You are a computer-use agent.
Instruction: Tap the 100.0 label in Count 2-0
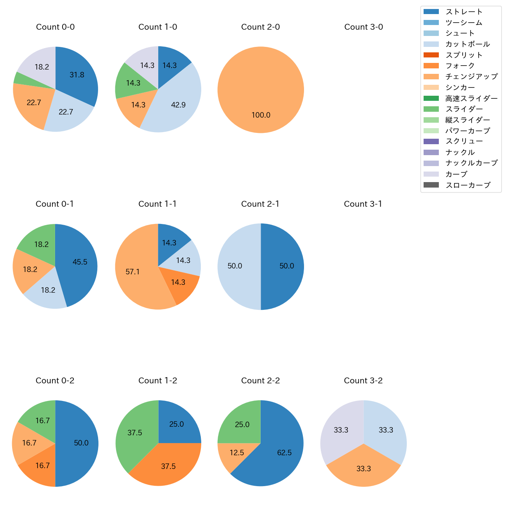coord(261,115)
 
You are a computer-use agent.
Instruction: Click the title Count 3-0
coord(363,27)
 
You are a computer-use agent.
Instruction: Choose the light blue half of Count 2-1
coord(236,266)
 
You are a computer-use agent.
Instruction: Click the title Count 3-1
coord(363,204)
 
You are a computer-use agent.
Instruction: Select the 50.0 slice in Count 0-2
coord(80,443)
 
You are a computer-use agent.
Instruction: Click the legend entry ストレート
coord(464,12)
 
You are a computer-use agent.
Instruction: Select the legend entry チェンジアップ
coord(471,77)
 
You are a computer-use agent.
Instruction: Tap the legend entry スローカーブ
coord(468,185)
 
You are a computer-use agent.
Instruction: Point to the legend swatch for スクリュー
coord(431,141)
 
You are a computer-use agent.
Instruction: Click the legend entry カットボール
coord(467,44)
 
